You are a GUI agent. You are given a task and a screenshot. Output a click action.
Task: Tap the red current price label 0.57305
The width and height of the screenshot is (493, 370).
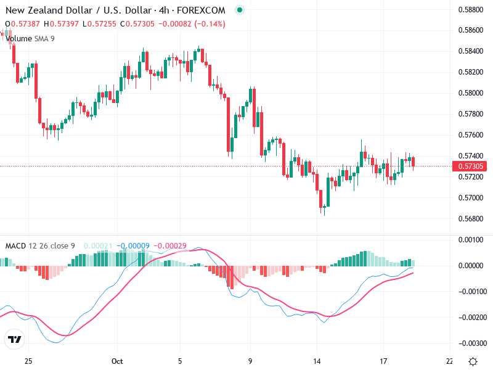click(471, 166)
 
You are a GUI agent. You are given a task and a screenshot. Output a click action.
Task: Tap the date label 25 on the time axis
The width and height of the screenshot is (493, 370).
click(28, 362)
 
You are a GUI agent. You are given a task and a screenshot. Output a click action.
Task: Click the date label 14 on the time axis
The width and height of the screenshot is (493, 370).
click(317, 362)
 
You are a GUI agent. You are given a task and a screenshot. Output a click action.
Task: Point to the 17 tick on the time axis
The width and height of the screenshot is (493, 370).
click(383, 362)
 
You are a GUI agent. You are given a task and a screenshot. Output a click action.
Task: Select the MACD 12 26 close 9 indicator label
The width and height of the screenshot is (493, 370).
click(40, 246)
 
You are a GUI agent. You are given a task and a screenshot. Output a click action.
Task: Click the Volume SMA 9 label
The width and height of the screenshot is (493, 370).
click(30, 38)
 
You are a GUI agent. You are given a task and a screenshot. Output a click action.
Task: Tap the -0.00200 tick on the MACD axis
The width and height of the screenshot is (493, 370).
click(472, 318)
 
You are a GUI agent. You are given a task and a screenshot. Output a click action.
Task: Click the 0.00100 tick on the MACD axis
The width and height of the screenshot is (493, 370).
click(472, 239)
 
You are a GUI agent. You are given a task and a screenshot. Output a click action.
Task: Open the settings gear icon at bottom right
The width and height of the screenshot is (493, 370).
click(473, 361)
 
